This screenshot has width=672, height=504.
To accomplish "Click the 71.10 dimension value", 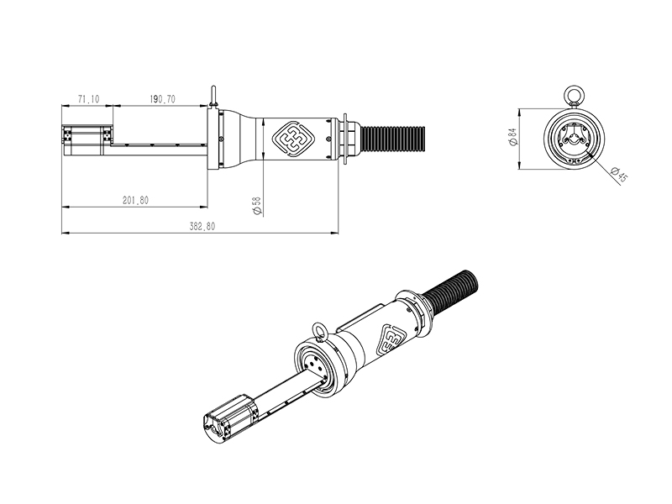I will pos(88,99).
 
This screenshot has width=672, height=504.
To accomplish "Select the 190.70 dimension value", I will pos(162,99).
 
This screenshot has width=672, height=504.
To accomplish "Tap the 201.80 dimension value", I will pos(135,200).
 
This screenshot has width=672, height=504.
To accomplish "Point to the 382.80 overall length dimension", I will pos(202,227).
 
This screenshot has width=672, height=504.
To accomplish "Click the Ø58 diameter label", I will pos(257,205).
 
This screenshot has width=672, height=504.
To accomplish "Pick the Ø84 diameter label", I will pos(512,138).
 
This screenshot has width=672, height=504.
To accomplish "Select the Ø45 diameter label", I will pos(619,175).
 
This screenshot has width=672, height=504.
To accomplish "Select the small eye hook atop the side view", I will pos(214,92).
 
